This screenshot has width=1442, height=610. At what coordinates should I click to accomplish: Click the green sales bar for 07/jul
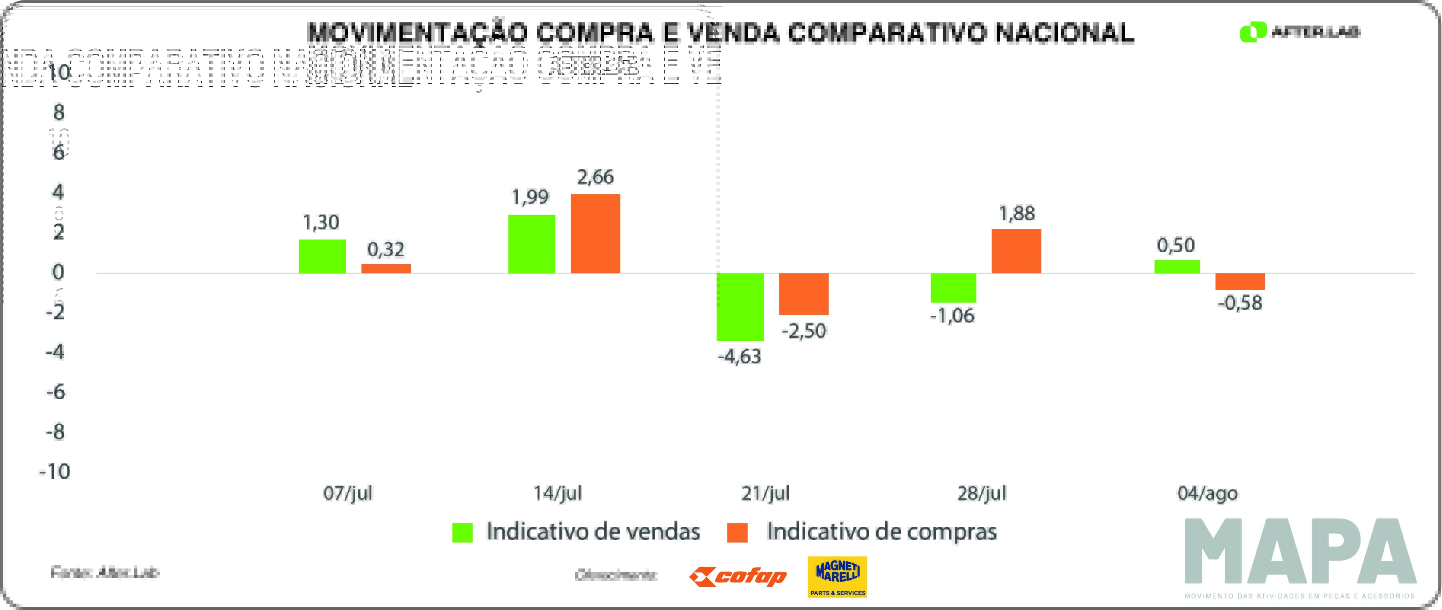coord(322,256)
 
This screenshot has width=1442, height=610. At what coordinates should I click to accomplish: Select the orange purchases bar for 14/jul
coord(595,234)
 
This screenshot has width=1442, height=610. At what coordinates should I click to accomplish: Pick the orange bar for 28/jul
coord(1016,251)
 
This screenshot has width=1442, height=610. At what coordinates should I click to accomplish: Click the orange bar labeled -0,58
coord(1240,281)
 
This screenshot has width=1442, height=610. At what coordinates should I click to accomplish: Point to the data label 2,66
coord(595,177)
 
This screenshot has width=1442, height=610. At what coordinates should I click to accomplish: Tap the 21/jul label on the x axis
coord(765,493)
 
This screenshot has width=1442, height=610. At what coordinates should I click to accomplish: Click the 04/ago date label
coord(1208,493)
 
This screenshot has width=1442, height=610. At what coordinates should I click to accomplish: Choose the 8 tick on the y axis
coord(59,113)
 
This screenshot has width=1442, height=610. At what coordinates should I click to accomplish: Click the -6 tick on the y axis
coord(56,392)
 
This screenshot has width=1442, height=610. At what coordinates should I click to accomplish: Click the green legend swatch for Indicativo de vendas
coord(463,532)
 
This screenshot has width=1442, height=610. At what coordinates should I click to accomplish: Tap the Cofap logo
coord(738,576)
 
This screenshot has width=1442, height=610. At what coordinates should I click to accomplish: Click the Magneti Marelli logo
coord(837,576)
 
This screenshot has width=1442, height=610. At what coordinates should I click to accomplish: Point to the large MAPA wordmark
coord(1300,551)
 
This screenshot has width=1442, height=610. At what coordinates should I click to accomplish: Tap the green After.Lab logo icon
coord(1253,32)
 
